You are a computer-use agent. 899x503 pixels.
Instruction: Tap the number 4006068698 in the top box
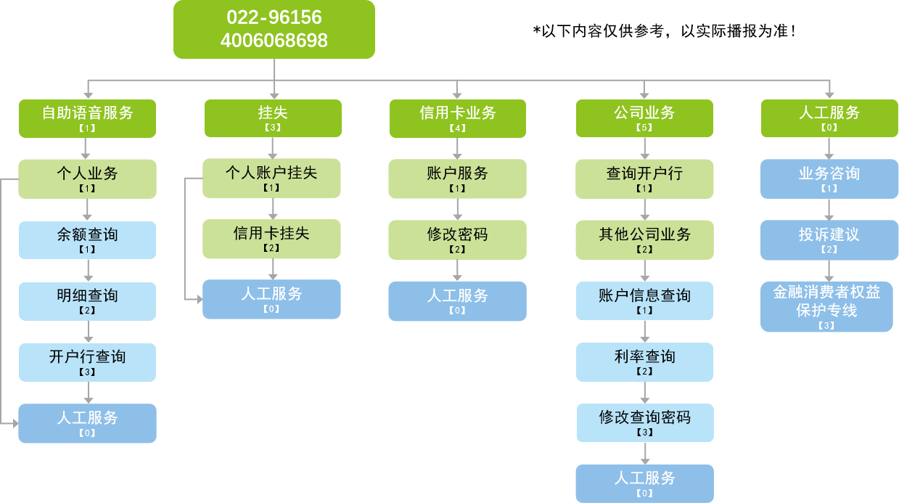coord(274,41)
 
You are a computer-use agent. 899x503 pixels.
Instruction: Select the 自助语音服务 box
coord(87,118)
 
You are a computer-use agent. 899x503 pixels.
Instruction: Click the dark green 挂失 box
coord(272,118)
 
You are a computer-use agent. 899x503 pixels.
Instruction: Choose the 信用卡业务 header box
coord(457,118)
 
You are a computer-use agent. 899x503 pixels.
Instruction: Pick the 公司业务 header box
coord(644,118)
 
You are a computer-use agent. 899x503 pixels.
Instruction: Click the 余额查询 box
coord(87,240)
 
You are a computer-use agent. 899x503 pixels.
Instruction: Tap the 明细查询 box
coord(87,300)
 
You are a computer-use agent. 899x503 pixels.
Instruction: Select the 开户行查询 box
coord(87,361)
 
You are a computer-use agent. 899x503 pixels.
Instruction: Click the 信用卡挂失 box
coord(271,238)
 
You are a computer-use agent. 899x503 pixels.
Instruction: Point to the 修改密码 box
coord(457,240)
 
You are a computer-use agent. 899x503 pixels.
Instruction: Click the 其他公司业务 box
coord(644,240)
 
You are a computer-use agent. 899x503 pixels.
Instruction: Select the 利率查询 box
coord(644,361)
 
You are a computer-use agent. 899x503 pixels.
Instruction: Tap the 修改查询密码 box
coord(644,422)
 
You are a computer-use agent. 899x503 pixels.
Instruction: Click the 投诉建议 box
coord(829,240)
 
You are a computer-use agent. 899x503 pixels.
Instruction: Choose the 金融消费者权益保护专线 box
coord(826,306)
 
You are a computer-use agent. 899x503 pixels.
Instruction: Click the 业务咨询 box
coord(829,179)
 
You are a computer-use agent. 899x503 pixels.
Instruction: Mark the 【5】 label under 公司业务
coord(644,128)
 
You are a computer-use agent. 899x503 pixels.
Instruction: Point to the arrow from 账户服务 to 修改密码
coord(457,210)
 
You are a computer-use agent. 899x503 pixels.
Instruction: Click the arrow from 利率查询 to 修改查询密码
coord(644,393)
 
